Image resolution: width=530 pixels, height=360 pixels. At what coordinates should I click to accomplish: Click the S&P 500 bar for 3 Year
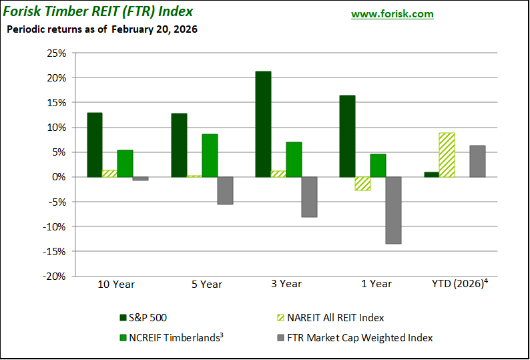(x=263, y=124)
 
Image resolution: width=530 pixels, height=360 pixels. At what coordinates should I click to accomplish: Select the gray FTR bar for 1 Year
(x=393, y=210)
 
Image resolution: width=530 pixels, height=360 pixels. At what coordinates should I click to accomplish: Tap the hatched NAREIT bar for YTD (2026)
(x=447, y=155)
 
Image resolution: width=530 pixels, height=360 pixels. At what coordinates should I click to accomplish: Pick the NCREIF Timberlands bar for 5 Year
(x=210, y=156)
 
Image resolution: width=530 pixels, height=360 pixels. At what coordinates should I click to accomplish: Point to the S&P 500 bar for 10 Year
(x=95, y=145)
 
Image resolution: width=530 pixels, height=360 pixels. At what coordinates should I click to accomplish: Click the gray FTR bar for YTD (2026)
(x=477, y=161)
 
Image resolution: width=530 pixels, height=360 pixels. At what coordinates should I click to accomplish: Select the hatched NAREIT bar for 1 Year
(x=362, y=184)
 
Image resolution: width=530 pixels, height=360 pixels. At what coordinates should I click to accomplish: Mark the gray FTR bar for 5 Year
(x=225, y=190)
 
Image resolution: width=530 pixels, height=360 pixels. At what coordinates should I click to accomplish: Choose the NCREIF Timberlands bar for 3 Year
(x=294, y=160)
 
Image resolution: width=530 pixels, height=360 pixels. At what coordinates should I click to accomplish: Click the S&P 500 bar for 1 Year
(x=347, y=136)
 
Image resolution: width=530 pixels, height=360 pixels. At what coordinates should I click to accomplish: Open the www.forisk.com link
(x=392, y=14)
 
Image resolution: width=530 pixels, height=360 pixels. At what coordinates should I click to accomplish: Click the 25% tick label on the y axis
(x=57, y=53)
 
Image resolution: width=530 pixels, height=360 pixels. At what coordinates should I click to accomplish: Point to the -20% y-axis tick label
(x=55, y=276)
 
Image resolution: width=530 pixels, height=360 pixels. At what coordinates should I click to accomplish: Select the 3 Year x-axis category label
(x=286, y=284)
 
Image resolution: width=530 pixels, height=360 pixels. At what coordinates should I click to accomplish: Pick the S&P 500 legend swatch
(x=123, y=318)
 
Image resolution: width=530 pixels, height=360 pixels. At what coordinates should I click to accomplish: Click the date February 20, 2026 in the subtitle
(x=154, y=29)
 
